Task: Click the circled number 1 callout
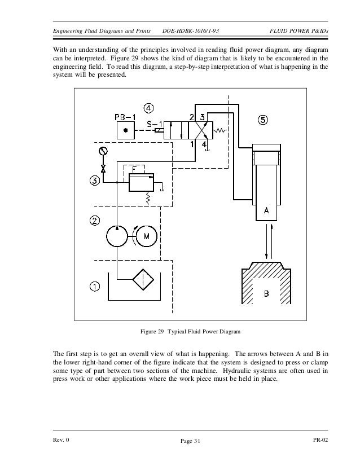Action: click(95, 287)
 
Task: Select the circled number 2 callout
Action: click(95, 220)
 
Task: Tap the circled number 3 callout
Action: click(95, 181)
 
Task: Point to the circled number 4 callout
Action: click(148, 108)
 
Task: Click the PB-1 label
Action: click(125, 117)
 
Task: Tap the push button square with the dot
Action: click(125, 131)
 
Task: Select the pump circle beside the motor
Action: click(117, 236)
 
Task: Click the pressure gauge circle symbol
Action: click(103, 151)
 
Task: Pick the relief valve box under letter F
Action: click(140, 183)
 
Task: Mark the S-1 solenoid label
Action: click(156, 124)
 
